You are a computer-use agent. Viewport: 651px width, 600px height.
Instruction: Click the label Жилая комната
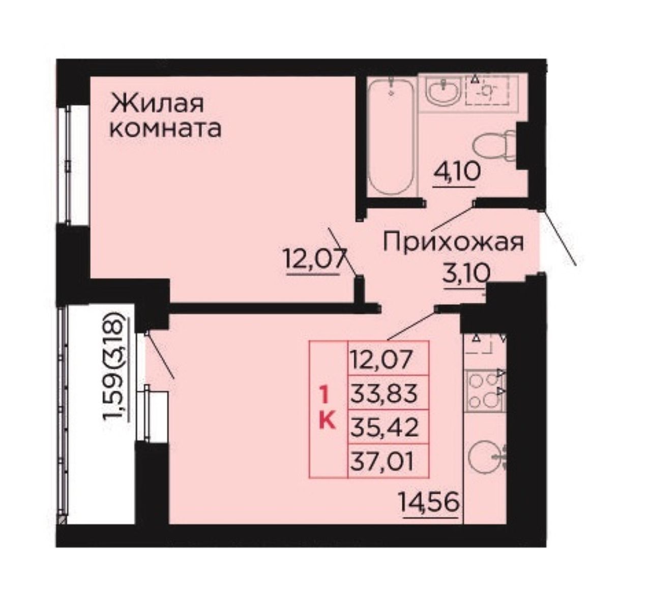[x=165, y=116]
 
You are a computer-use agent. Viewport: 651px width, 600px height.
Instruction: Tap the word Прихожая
[x=453, y=243]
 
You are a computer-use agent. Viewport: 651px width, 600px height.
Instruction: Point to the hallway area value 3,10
[x=467, y=274]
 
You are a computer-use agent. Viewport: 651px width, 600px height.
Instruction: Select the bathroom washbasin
[x=443, y=91]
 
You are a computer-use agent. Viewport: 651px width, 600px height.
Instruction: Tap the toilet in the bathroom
[x=494, y=147]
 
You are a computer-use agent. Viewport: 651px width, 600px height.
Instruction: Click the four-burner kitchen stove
[x=485, y=390]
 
